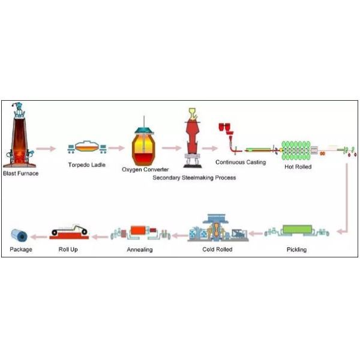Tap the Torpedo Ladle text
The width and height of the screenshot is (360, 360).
[x=85, y=163]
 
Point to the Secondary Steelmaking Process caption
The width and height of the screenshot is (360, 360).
[x=194, y=178]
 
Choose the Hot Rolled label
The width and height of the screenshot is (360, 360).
[x=298, y=167]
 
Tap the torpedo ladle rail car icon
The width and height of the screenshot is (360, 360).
[x=86, y=148]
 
